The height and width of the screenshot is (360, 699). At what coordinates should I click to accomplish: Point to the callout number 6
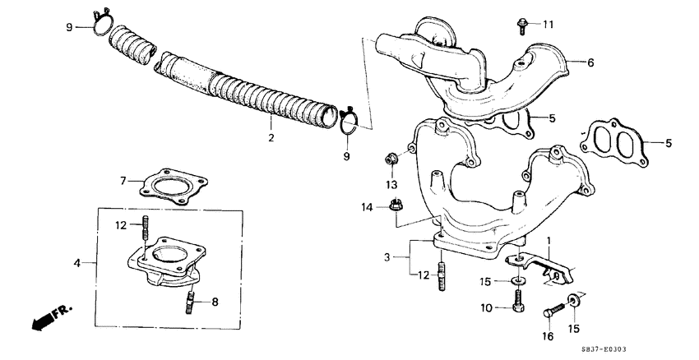coord(590,62)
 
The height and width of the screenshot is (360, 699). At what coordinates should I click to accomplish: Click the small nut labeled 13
coord(391,158)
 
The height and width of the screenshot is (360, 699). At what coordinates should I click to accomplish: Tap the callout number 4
coord(77,264)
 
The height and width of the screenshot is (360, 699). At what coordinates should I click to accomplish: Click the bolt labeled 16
coord(553,312)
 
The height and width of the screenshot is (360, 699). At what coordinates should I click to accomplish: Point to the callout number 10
coord(487,307)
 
